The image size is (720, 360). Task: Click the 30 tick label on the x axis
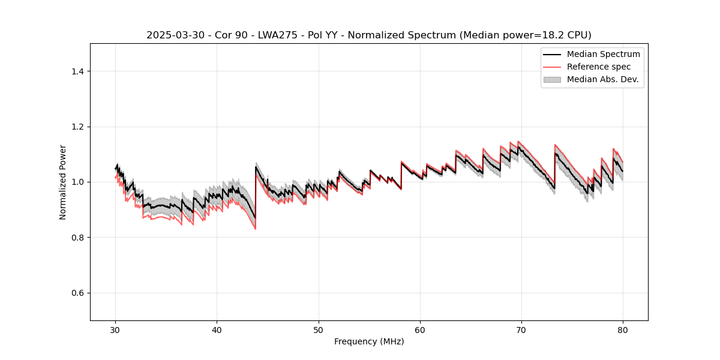click(116, 329)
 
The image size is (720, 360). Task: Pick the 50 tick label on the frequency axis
click(319, 329)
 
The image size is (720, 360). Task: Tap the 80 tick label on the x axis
click(623, 329)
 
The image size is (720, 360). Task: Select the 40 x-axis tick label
click(217, 329)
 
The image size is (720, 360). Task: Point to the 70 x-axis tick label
click(521, 329)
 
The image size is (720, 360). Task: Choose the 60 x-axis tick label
click(420, 329)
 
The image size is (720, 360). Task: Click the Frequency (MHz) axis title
click(369, 341)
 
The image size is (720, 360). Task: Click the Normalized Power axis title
click(63, 182)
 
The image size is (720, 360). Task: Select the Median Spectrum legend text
click(603, 54)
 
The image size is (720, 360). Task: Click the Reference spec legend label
click(599, 67)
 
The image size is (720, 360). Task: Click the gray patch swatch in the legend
click(552, 79)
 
